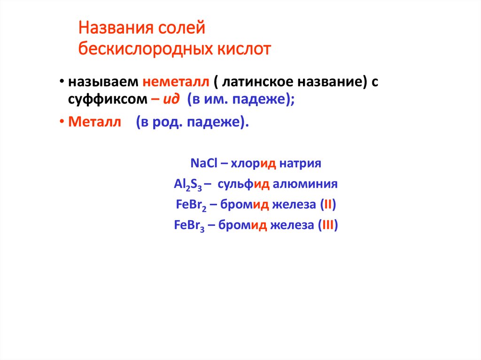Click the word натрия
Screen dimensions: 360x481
[x=301, y=164]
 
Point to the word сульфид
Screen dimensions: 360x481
[x=246, y=184]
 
